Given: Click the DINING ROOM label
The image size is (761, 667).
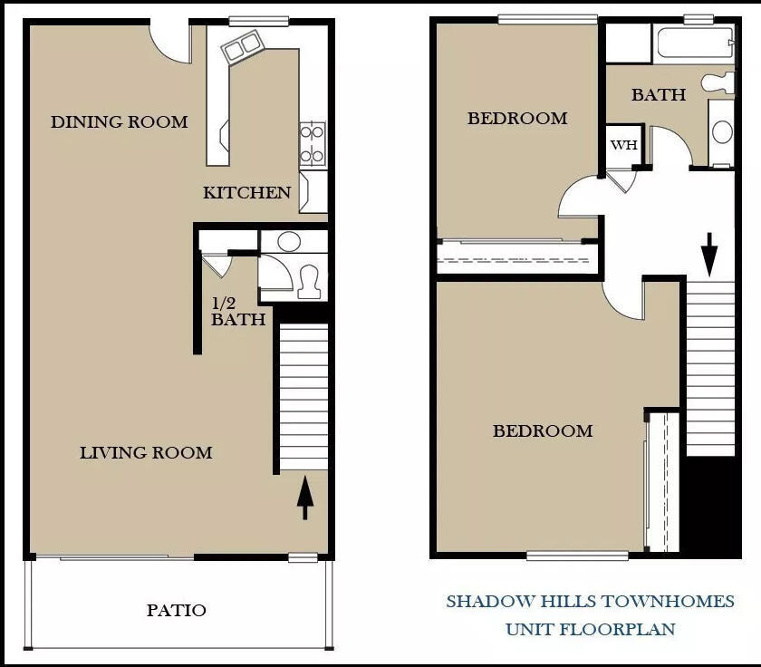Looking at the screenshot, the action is pyautogui.click(x=120, y=121).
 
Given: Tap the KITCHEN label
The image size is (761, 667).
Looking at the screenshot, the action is pyautogui.click(x=247, y=193).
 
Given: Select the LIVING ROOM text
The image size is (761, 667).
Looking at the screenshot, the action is pyautogui.click(x=146, y=453).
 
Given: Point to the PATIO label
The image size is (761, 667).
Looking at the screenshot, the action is pyautogui.click(x=177, y=610).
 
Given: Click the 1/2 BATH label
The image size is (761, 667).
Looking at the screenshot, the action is pyautogui.click(x=237, y=312).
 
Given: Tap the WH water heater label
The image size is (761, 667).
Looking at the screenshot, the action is pyautogui.click(x=623, y=145).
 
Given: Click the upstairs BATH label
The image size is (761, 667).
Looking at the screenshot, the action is pyautogui.click(x=659, y=94).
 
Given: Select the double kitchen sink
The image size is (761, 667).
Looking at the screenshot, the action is pyautogui.click(x=242, y=46).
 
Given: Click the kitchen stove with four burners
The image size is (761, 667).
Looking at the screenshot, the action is pyautogui.click(x=312, y=145).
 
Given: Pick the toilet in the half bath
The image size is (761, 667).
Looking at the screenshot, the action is pyautogui.click(x=310, y=282).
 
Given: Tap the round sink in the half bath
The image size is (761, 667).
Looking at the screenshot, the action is pyautogui.click(x=289, y=241).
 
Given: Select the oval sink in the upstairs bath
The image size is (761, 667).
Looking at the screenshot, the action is pyautogui.click(x=722, y=132).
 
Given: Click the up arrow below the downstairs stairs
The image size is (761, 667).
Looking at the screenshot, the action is pyautogui.click(x=304, y=498).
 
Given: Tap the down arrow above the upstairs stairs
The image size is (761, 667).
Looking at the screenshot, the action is pyautogui.click(x=709, y=255).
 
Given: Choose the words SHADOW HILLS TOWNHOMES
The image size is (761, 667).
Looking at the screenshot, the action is pyautogui.click(x=590, y=602).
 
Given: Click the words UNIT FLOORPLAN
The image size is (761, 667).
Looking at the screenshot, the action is pyautogui.click(x=590, y=630).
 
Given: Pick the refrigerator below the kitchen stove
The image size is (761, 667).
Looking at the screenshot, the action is pyautogui.click(x=313, y=192).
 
